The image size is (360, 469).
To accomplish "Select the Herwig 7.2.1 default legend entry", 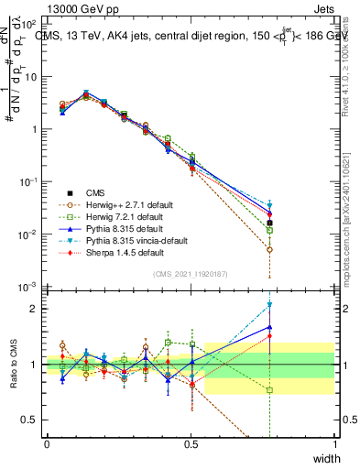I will point(119,216).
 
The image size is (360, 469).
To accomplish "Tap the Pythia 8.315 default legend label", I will point(119,228).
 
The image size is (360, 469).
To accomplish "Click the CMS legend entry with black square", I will point(95,192).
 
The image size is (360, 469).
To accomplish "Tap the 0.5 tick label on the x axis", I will point(191,443).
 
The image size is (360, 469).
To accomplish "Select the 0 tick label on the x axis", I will point(47,443).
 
